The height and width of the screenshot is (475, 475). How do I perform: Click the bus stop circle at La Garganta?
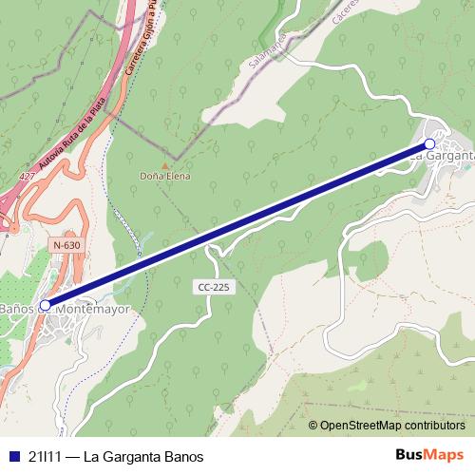point(429,144)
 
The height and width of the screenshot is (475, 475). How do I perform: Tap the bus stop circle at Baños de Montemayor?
point(45,305)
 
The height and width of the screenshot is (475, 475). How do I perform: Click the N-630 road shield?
point(66,245)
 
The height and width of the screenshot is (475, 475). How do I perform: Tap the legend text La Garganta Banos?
point(143,456)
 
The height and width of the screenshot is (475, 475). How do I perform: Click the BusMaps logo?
point(428,454)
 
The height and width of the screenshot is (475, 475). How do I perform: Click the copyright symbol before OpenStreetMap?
point(313,426)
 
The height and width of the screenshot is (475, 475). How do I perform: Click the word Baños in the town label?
point(17,310)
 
